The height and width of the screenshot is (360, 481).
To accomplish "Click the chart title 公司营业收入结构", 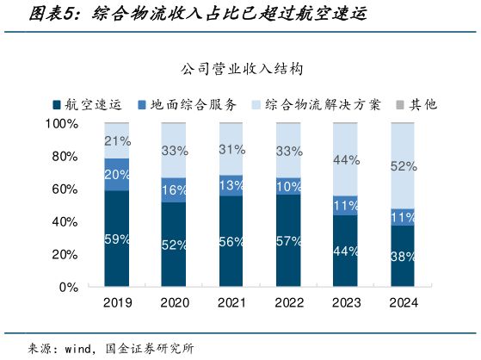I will [241, 68].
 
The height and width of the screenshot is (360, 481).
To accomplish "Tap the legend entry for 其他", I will [422, 104].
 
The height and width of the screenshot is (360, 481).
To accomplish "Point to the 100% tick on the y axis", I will [61, 124].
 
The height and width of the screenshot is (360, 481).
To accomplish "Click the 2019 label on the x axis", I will [117, 303].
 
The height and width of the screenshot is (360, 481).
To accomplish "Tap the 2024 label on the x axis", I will [403, 303].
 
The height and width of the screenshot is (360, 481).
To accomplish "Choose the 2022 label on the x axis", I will [288, 303].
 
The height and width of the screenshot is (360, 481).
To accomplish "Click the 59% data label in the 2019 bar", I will [117, 239].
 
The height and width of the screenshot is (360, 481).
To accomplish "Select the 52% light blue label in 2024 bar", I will [403, 166].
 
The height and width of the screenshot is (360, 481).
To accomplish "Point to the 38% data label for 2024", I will [403, 256].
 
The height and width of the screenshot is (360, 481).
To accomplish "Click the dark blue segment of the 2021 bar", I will [231, 241].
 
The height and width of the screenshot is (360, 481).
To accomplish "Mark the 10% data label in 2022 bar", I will [288, 186].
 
